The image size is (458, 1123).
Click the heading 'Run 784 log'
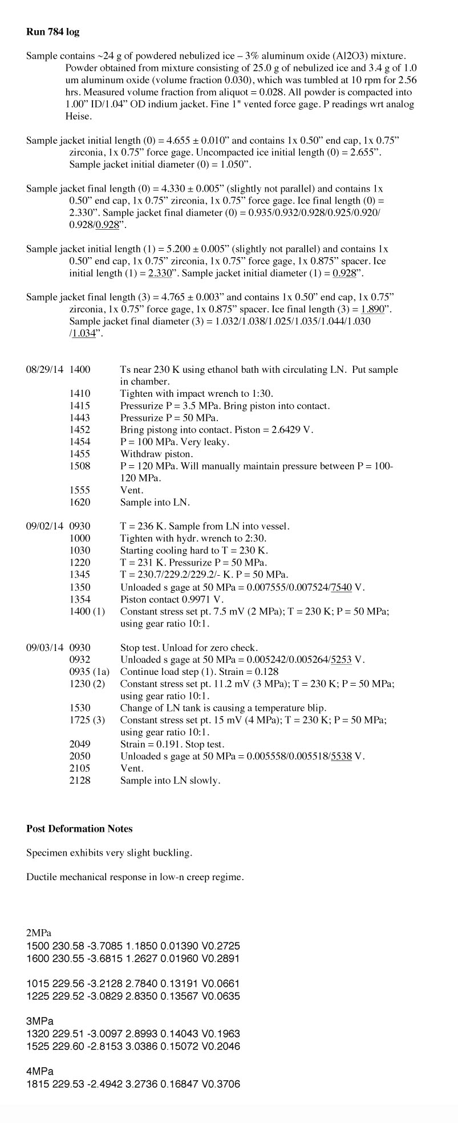[52, 32]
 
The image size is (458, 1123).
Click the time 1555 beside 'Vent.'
[80, 490]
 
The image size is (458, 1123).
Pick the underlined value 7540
[341, 587]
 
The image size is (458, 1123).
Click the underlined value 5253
[342, 660]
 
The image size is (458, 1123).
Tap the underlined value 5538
[342, 756]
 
